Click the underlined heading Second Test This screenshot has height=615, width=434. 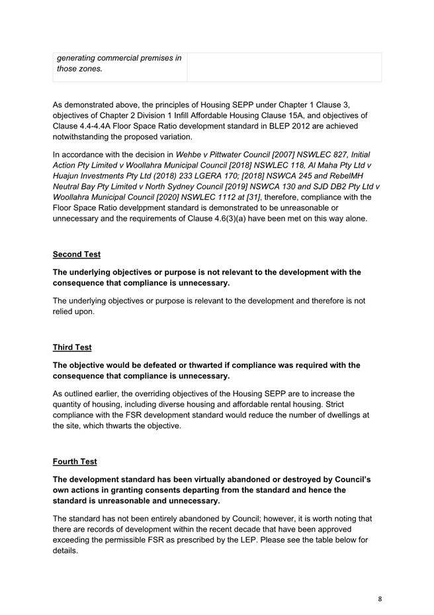tap(77, 254)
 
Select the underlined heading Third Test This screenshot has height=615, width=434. tap(72, 347)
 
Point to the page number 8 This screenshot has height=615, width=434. tap(380, 598)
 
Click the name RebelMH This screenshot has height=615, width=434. tap(359, 176)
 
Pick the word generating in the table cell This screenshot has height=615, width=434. tap(81, 58)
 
